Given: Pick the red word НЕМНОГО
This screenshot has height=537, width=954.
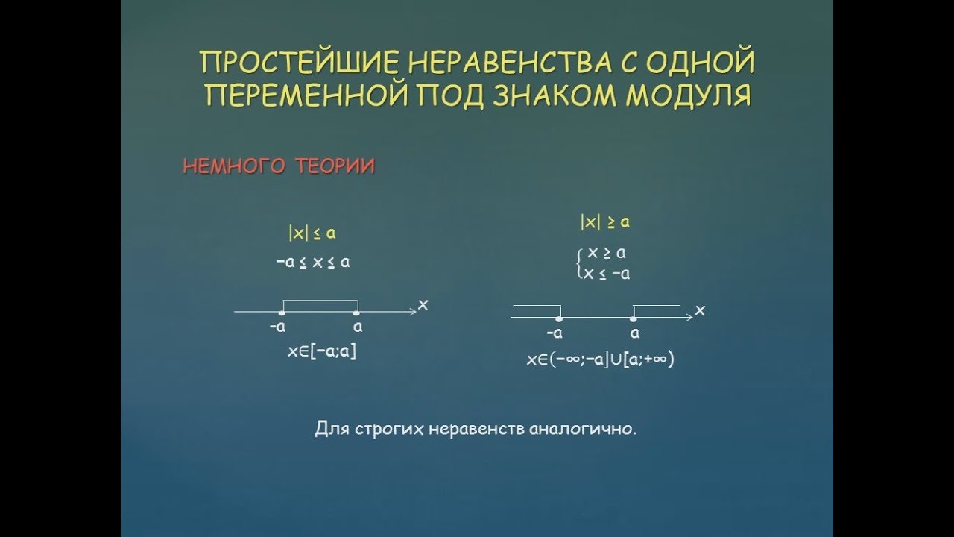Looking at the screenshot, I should coord(233,167).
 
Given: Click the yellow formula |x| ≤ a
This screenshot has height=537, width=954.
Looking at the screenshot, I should coord(312,233).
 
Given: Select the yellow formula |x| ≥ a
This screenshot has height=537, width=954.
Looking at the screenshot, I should coord(605,222).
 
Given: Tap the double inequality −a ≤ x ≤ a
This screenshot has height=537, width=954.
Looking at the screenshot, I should coord(312,263).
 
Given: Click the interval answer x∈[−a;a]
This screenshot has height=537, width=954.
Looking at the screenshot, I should coord(322,352).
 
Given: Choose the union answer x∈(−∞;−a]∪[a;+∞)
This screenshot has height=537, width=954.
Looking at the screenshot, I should coord(600,359).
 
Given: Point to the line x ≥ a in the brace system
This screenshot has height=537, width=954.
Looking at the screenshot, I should coord(606,254).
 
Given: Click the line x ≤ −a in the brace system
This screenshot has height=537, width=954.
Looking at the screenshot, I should coord(607,274).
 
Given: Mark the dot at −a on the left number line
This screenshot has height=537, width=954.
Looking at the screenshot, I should coord(282,313).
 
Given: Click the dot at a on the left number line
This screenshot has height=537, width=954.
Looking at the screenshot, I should coord(357,313).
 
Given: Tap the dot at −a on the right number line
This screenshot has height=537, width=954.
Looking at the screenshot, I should coord(559,318).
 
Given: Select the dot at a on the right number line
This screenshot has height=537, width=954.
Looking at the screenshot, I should coord(634,318).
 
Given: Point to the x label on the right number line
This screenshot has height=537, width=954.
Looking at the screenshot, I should coord(699,310).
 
